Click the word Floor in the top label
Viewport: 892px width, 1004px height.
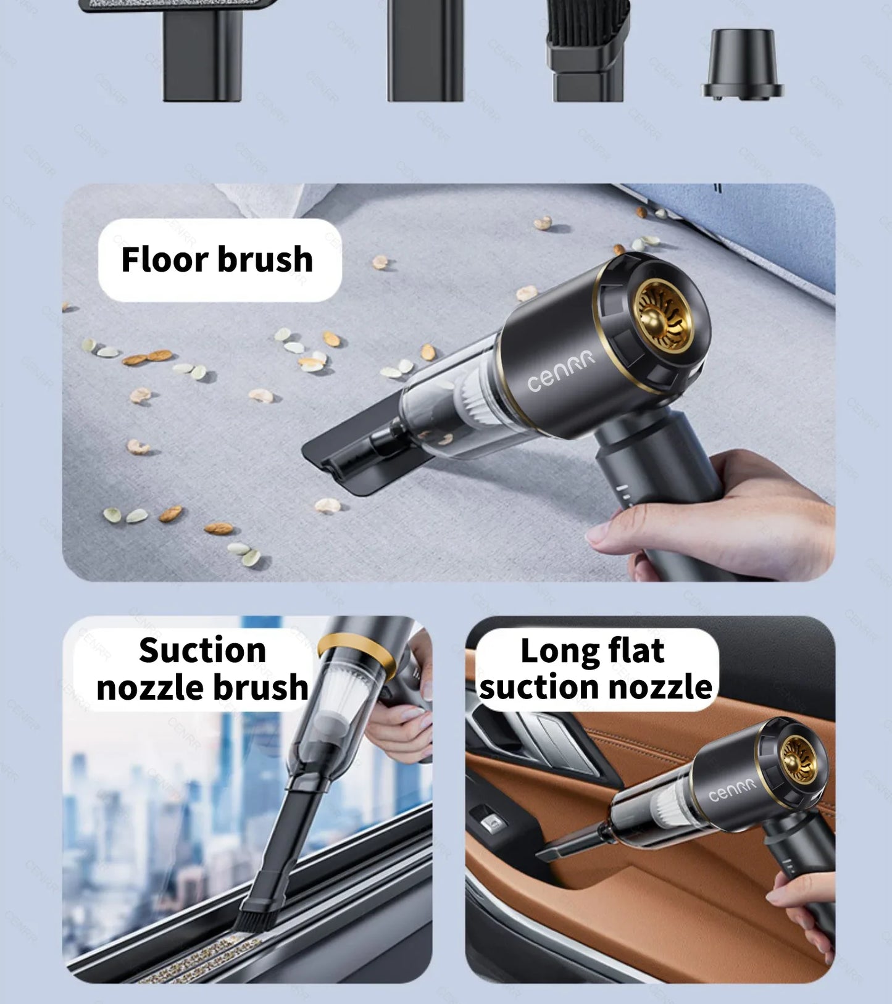point(165,259)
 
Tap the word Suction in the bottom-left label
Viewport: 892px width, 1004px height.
point(202,650)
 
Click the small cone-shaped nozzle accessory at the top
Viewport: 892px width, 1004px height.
point(743,65)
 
